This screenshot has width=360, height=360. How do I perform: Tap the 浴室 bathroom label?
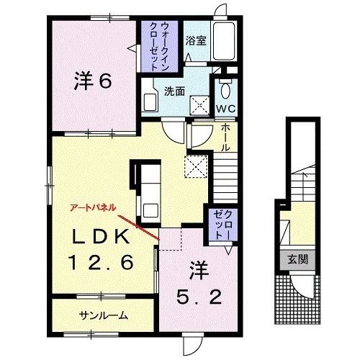click(197, 40)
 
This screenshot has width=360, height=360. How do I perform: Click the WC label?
click(226, 109)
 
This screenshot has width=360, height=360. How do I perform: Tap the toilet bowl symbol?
click(225, 91)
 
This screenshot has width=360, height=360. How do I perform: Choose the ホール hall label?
click(224, 136)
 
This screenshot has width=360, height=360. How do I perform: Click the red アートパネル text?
click(91, 207)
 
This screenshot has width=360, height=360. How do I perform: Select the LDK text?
click(101, 237)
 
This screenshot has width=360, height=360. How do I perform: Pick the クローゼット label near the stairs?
click(220, 228)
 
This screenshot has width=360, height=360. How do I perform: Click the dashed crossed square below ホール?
click(196, 166)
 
